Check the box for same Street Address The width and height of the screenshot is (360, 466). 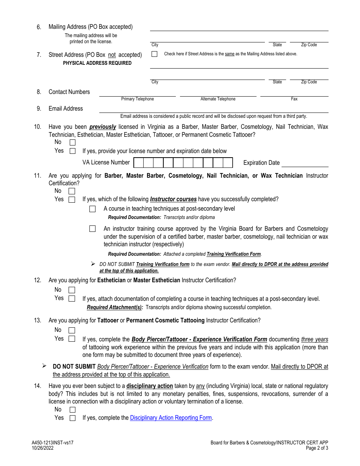[154, 54]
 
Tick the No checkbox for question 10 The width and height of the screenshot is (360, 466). [72, 142]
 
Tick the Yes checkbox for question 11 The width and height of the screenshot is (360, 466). [72, 200]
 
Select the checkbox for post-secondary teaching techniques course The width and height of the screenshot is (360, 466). [92, 209]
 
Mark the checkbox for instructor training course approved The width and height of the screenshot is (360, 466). [92, 229]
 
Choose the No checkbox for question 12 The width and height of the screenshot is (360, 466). [72, 290]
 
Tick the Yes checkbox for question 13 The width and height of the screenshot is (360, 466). [72, 339]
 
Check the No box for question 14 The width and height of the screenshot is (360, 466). [72, 410]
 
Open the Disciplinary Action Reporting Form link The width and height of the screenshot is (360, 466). [171, 418]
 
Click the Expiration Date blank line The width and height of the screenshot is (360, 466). [305, 163]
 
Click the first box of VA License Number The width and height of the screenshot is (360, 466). [139, 163]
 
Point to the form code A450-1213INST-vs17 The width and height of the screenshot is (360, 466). [50, 443]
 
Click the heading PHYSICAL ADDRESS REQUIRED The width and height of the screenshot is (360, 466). [97, 63]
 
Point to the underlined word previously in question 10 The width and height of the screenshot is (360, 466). [103, 127]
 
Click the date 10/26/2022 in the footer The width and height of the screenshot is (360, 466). [43, 448]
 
